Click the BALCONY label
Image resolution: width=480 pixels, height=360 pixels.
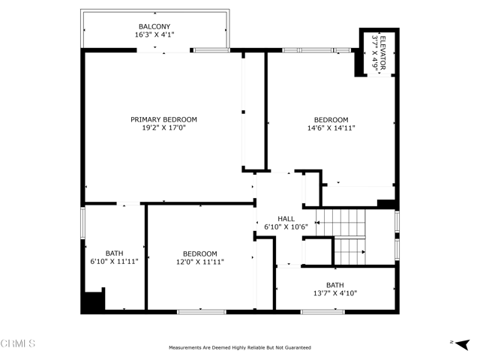click(x=154, y=27)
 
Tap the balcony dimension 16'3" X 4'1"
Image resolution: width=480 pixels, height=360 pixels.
click(x=154, y=34)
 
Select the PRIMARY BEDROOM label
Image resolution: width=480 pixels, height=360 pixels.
click(x=163, y=119)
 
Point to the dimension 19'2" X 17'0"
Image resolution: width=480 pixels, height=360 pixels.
click(x=163, y=127)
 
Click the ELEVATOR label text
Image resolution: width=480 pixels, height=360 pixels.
click(x=382, y=52)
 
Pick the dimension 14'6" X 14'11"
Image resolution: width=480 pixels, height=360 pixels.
click(x=331, y=128)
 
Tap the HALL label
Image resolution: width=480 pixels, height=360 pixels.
click(x=286, y=219)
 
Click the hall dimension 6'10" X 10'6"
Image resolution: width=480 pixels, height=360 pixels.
click(x=286, y=226)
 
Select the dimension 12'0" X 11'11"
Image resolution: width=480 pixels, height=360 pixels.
click(x=200, y=262)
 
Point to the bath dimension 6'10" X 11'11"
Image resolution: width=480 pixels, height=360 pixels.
click(x=114, y=262)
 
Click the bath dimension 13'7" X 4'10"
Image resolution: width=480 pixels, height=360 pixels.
click(x=335, y=293)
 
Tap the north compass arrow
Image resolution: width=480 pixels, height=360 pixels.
click(x=462, y=344)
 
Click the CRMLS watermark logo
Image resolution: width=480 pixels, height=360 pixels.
click(x=18, y=343)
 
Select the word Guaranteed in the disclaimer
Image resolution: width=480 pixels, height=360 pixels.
click(x=298, y=348)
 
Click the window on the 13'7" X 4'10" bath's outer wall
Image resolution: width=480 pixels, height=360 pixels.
click(x=322, y=312)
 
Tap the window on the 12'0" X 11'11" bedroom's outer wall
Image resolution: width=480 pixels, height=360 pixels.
click(x=202, y=312)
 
